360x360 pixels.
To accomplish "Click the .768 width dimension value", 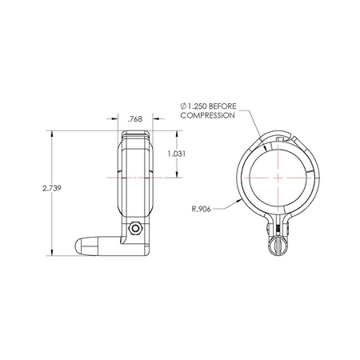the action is tap(135, 119).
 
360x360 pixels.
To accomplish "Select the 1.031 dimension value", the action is tap(176, 154).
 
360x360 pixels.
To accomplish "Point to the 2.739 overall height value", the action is tap(52, 188).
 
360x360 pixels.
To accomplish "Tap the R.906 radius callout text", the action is tap(202, 209).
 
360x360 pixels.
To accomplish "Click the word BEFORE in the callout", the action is tap(222, 106).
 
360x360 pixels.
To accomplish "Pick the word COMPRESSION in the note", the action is tap(208, 115).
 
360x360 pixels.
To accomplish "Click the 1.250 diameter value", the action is tap(197, 106).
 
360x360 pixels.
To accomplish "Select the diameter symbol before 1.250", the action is tap(183, 106).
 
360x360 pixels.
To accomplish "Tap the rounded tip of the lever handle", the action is tap(78, 246).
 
